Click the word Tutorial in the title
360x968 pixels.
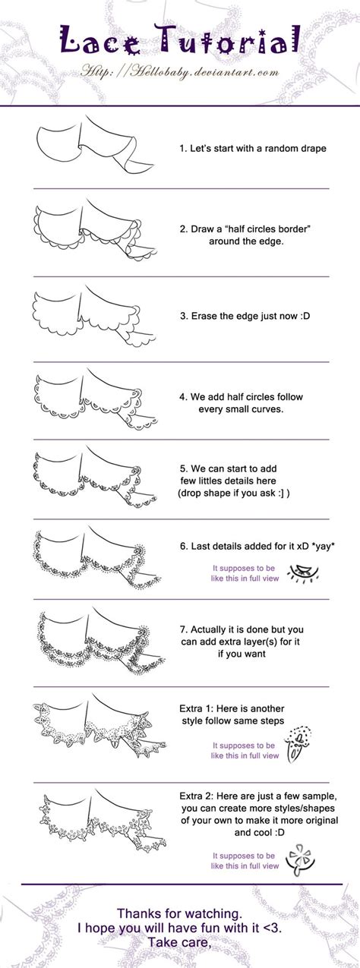[x=229, y=41]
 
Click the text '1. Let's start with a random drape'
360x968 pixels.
[x=252, y=149]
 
